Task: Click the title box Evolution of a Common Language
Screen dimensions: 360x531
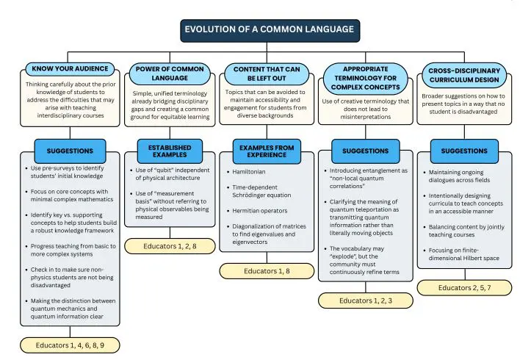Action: (270, 30)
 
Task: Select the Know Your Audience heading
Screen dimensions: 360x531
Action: (71, 69)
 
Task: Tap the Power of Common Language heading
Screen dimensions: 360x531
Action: (169, 73)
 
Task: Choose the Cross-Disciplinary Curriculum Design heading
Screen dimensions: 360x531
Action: (463, 76)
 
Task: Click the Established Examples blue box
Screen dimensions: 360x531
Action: (169, 150)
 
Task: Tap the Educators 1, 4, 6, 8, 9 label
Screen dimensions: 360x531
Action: (70, 345)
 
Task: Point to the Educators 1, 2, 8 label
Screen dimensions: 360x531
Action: (170, 246)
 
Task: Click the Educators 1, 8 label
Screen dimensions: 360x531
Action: (266, 271)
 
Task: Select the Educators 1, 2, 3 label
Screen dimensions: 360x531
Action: (365, 300)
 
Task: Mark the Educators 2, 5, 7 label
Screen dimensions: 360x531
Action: (463, 287)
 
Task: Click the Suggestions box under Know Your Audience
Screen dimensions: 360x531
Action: (70, 151)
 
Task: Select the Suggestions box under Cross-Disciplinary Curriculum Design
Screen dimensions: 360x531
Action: (463, 151)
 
